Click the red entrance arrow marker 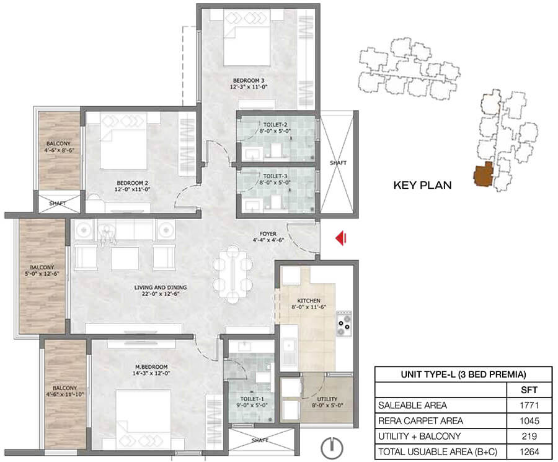(x=341, y=238)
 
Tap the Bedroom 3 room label (x=249, y=83)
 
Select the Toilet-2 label (x=275, y=128)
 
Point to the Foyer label (x=268, y=237)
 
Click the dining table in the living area (x=232, y=274)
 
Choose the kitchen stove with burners (x=343, y=324)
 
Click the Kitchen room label (x=309, y=304)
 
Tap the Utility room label (x=327, y=402)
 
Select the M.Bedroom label (x=151, y=369)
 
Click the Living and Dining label (x=161, y=291)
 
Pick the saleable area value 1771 (x=529, y=405)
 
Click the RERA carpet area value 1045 (x=529, y=420)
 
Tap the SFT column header (x=529, y=389)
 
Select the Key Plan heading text (x=422, y=185)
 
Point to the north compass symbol (x=332, y=447)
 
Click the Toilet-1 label (x=252, y=402)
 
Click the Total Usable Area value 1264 (x=529, y=451)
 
